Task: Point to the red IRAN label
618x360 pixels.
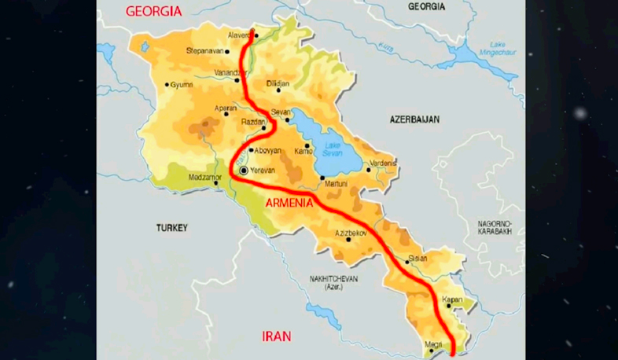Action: pos(276,336)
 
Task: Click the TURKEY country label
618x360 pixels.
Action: pos(172,228)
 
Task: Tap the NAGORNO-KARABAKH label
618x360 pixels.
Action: pos(499,228)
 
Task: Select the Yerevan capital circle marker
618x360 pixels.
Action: pos(244,170)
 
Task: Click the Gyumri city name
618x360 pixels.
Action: pos(182,85)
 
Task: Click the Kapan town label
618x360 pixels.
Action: pos(451,300)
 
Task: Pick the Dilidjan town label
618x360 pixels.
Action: pos(278,83)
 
